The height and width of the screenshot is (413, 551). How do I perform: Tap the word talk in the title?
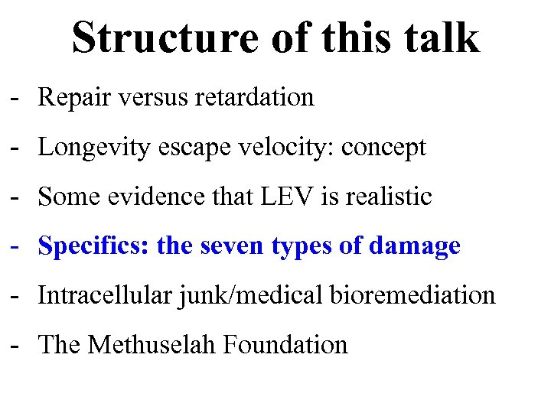point(439,37)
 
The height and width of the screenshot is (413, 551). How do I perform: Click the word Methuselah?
point(152,345)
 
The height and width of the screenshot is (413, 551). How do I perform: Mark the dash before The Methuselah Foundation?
point(15,346)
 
